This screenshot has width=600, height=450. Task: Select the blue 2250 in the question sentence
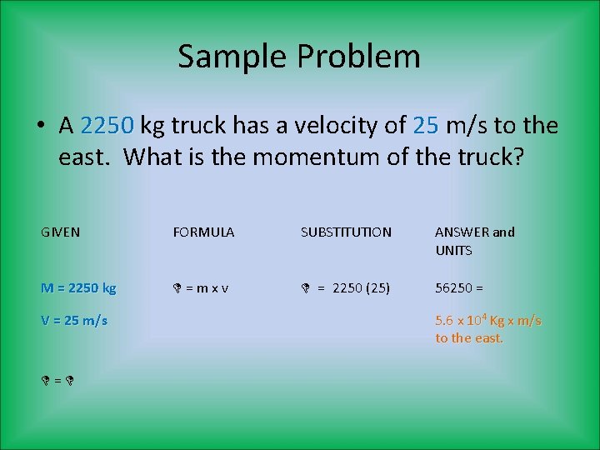click(108, 126)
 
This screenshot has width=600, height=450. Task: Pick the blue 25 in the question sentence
click(426, 126)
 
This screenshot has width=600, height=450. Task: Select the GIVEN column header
click(61, 232)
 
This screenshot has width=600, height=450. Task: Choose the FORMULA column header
click(203, 232)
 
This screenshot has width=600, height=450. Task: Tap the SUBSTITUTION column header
click(346, 232)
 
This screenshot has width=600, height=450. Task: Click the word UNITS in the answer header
click(453, 250)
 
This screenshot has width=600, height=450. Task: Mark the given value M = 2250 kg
click(78, 288)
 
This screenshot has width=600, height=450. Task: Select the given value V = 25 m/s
click(74, 320)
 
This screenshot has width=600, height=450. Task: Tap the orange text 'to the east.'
click(469, 338)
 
